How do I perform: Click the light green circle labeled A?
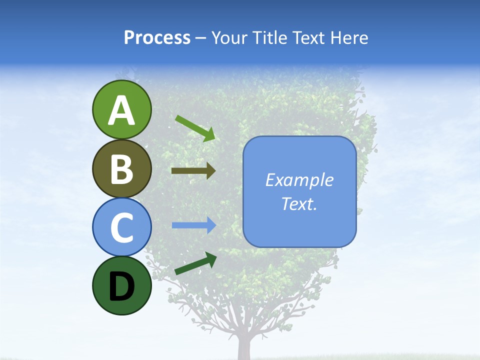click(121, 109)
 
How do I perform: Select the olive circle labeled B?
click(121, 168)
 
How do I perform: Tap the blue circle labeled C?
click(121, 227)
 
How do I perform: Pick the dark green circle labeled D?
click(121, 285)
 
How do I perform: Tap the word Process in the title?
click(157, 38)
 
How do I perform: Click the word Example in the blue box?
click(299, 180)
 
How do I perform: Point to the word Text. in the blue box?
click(299, 203)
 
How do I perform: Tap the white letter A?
click(121, 110)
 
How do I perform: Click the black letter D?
click(121, 286)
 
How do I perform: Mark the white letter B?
click(121, 169)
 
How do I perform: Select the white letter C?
click(121, 227)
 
